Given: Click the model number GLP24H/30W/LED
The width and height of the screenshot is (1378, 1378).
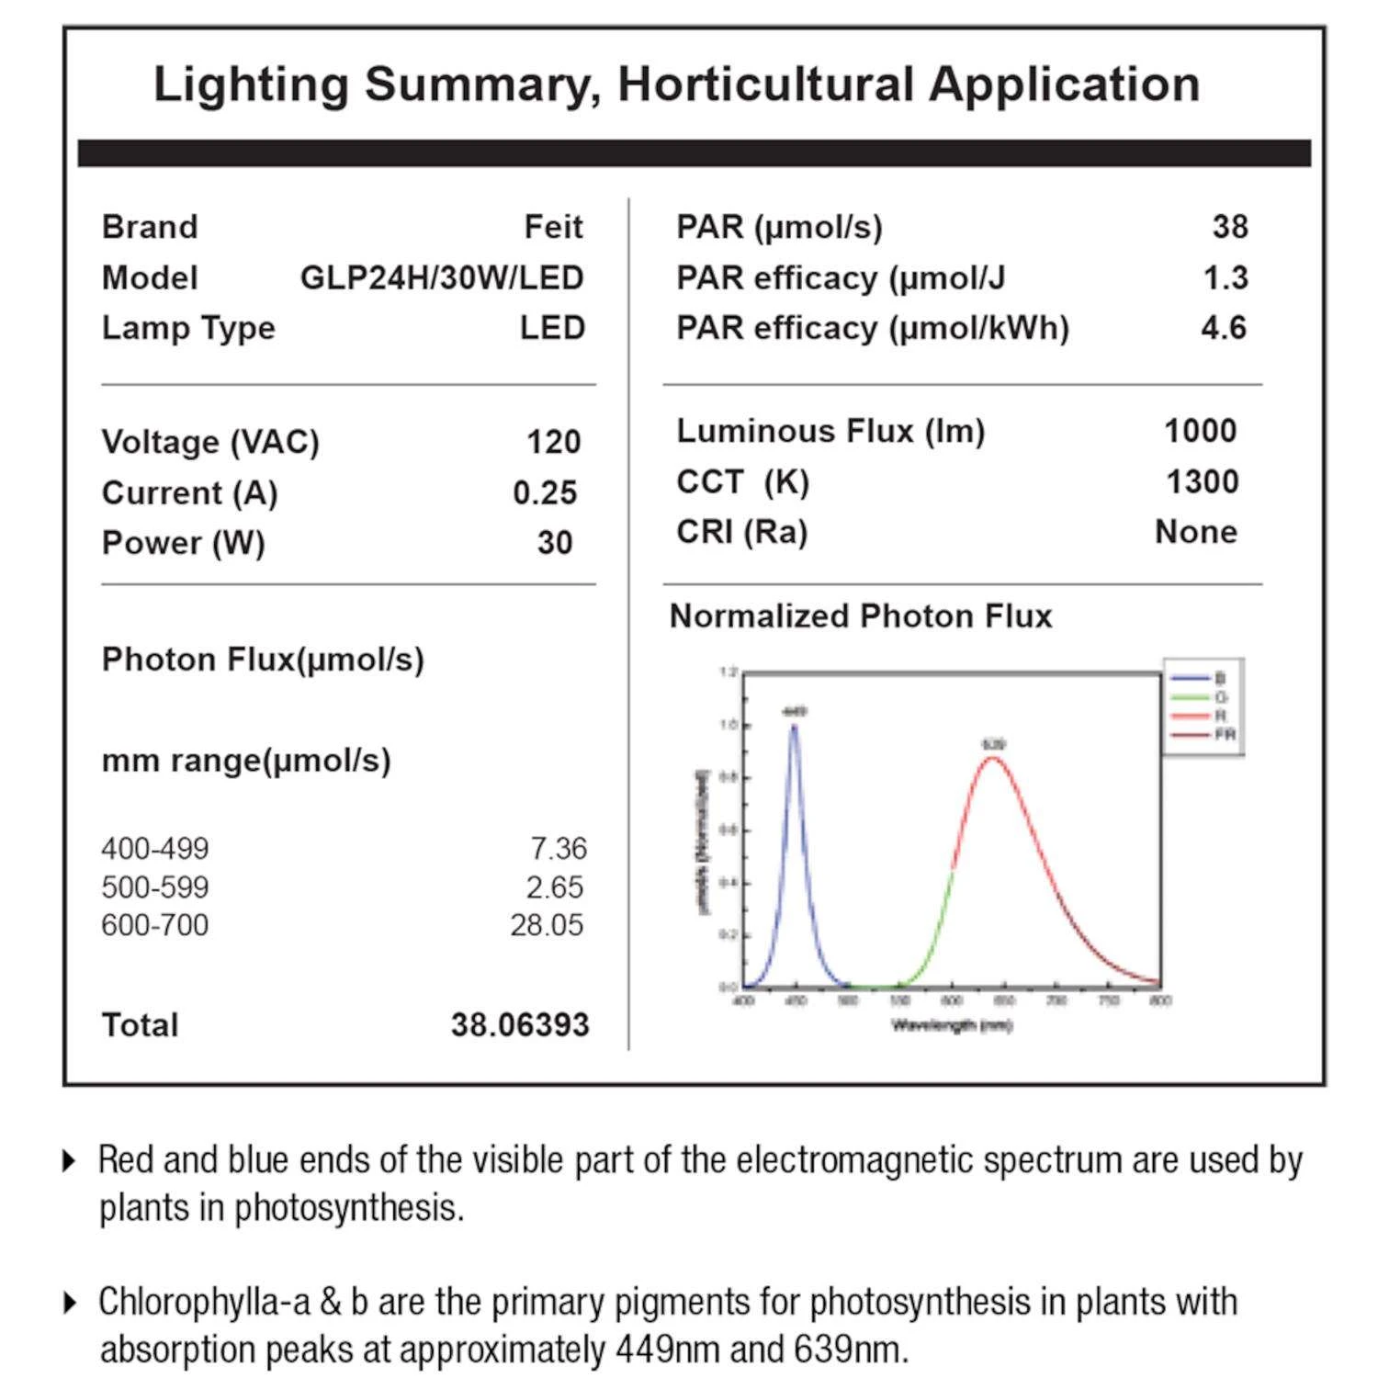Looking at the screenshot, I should point(442,277).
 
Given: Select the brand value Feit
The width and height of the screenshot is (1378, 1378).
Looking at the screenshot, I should point(553,227).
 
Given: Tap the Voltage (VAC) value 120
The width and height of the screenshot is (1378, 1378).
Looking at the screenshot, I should point(553,442).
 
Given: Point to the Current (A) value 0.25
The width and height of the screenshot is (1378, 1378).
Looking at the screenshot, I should point(545,492).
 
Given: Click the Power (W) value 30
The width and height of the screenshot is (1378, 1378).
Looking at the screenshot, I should point(555,543).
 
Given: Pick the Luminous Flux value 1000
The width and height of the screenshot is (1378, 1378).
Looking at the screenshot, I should point(1200,431).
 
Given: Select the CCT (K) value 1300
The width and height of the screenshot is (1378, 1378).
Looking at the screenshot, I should point(1202,481).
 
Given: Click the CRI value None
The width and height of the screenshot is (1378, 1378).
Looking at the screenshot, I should point(1195,532).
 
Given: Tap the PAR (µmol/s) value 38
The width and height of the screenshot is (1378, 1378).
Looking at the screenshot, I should point(1230,227).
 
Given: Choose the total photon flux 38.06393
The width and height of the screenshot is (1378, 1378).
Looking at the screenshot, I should point(519,1025).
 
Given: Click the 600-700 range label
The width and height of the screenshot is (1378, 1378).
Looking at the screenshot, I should point(155,925).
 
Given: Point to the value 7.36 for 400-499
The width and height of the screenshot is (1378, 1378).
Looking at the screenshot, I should point(558,849).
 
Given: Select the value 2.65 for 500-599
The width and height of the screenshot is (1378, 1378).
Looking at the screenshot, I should point(554,887).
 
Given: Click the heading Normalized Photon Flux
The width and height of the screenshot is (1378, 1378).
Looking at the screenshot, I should point(861,616).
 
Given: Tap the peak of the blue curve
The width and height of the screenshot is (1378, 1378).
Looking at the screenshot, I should point(794,727).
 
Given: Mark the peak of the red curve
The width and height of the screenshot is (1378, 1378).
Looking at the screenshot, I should point(993,759).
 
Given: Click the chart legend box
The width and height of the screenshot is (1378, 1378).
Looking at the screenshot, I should point(1203,706).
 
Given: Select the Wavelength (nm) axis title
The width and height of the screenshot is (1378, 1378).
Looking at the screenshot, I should point(952,1025).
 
